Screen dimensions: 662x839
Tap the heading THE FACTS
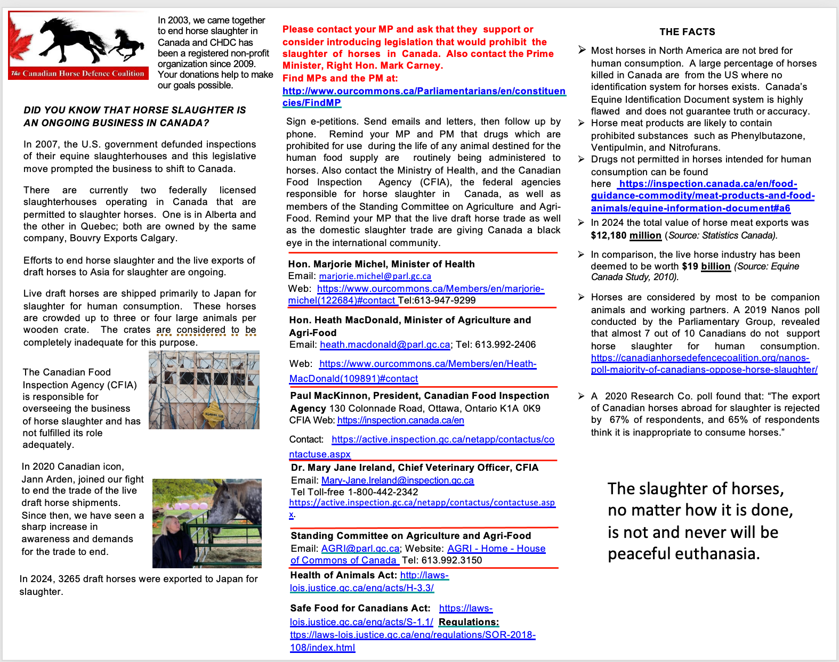point(687,32)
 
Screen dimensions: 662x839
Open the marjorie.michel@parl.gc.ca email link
point(375,276)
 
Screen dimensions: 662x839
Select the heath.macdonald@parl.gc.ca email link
point(385,345)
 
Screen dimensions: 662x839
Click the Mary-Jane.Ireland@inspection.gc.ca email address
point(397,480)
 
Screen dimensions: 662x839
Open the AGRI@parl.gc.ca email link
point(360,549)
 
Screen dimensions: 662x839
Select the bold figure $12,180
point(608,235)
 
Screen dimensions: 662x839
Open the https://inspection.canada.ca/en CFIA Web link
point(400,420)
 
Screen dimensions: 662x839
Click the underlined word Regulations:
point(469,622)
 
